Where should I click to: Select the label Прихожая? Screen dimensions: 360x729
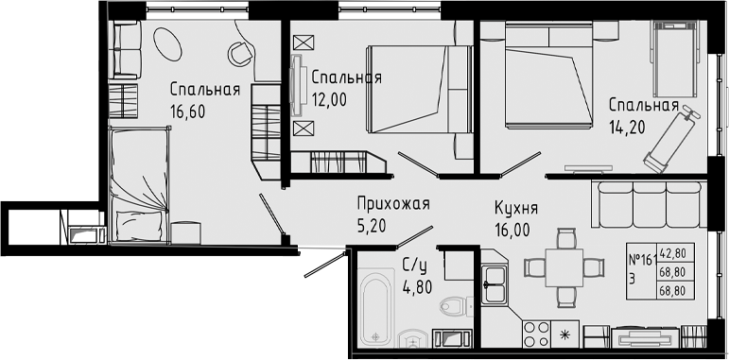pos(393,203)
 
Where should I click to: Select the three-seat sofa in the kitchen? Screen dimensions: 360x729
pos(649,202)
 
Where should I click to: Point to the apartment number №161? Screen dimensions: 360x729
pos(643,259)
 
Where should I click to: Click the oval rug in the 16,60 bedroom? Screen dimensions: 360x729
pos(167,43)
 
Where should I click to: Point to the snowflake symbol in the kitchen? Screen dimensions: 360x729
pos(566,334)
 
